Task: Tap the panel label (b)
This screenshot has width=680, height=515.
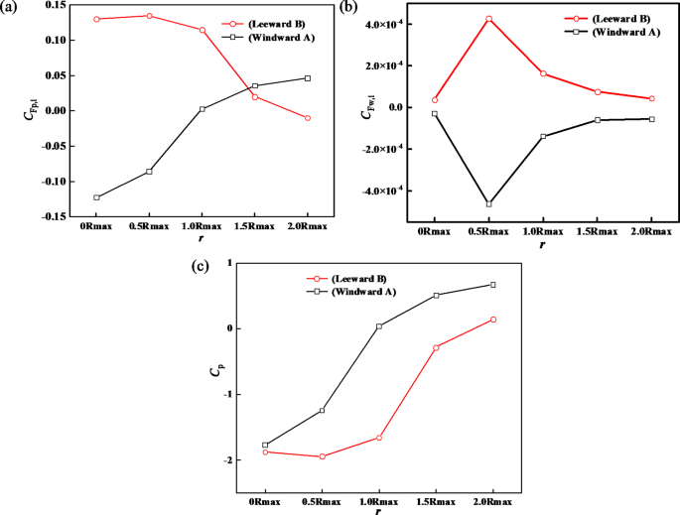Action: click(x=349, y=9)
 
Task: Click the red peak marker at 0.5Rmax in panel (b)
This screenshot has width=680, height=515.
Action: click(x=488, y=19)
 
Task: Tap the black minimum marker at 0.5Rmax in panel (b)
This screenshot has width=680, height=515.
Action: click(x=488, y=204)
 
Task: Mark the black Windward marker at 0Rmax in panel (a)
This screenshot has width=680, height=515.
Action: click(x=96, y=197)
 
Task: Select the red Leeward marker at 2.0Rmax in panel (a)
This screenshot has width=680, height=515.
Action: click(x=307, y=118)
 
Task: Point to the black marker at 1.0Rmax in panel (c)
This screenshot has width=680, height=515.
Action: click(x=379, y=325)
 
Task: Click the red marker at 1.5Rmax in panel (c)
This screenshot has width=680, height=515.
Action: click(x=436, y=347)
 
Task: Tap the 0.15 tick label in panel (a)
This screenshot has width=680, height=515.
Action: click(x=56, y=5)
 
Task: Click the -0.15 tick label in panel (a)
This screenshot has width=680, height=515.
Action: click(x=54, y=215)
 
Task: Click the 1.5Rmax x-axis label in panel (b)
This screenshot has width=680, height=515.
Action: click(x=597, y=231)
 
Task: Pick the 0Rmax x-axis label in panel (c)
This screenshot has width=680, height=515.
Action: click(x=265, y=502)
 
